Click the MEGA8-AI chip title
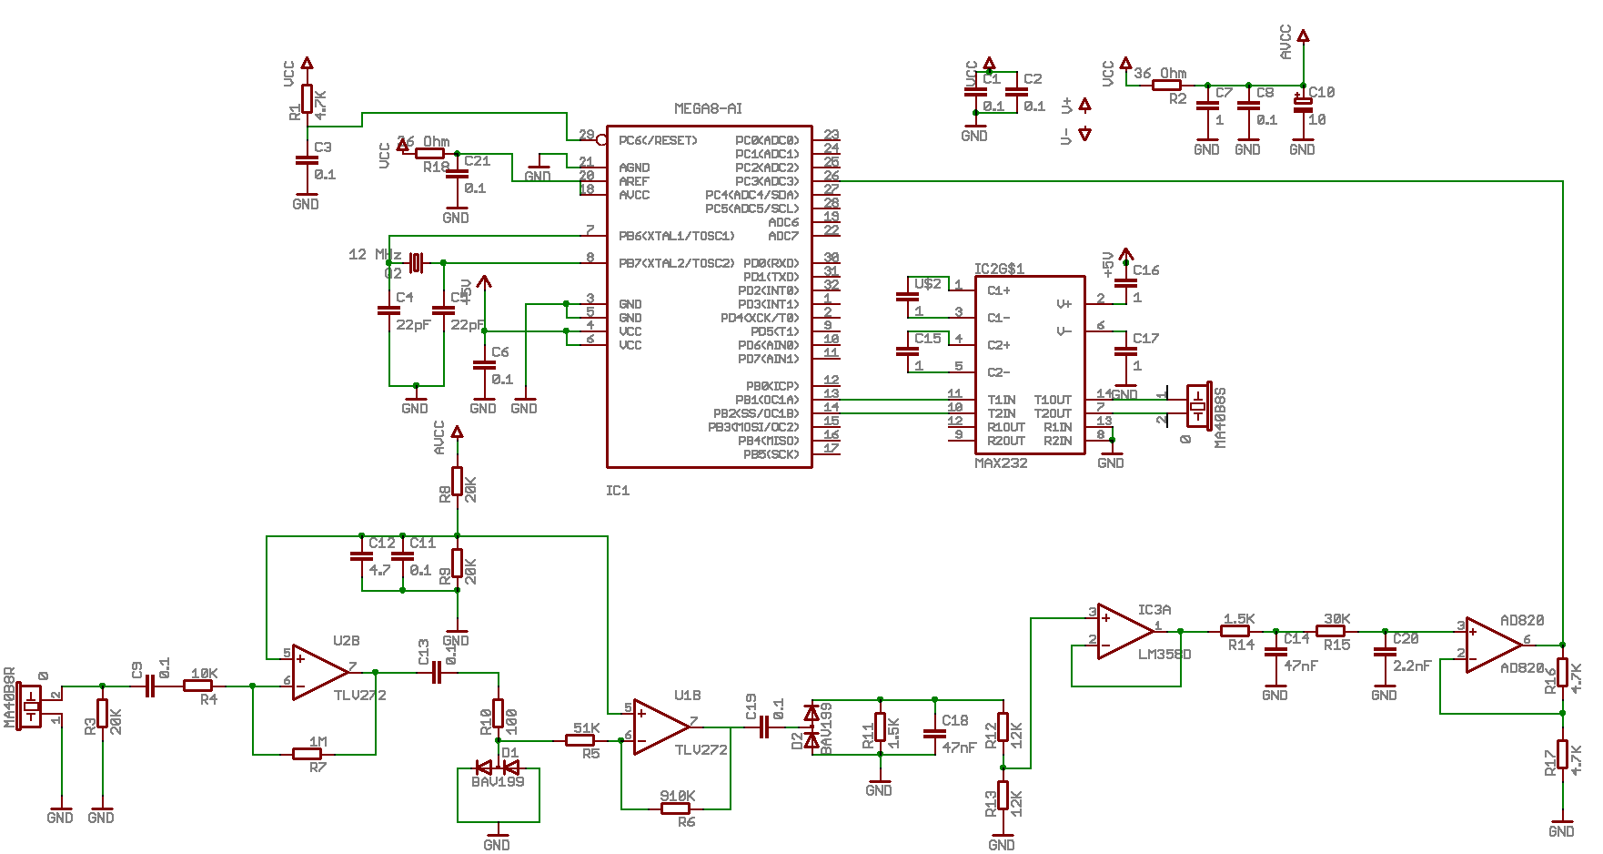[x=708, y=108]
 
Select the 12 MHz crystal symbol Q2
[x=416, y=263]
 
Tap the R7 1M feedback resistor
[x=307, y=754]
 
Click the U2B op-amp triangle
[x=318, y=673]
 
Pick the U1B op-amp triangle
[x=660, y=727]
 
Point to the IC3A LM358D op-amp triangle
[x=1124, y=631]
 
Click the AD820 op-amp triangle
[x=1492, y=645]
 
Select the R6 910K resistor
[x=675, y=808]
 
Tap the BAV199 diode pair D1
[x=498, y=768]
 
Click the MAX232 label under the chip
[x=1001, y=463]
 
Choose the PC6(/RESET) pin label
[x=658, y=140]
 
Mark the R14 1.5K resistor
[x=1235, y=631]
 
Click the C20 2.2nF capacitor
[x=1385, y=652]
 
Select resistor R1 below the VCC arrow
[x=307, y=99]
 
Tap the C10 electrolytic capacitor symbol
[x=1303, y=105]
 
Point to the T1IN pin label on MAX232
[x=1002, y=400]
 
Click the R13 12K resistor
[x=1003, y=795]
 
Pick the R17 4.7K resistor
[x=1562, y=755]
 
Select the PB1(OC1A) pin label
[x=767, y=400]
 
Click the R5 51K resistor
[x=580, y=741]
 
